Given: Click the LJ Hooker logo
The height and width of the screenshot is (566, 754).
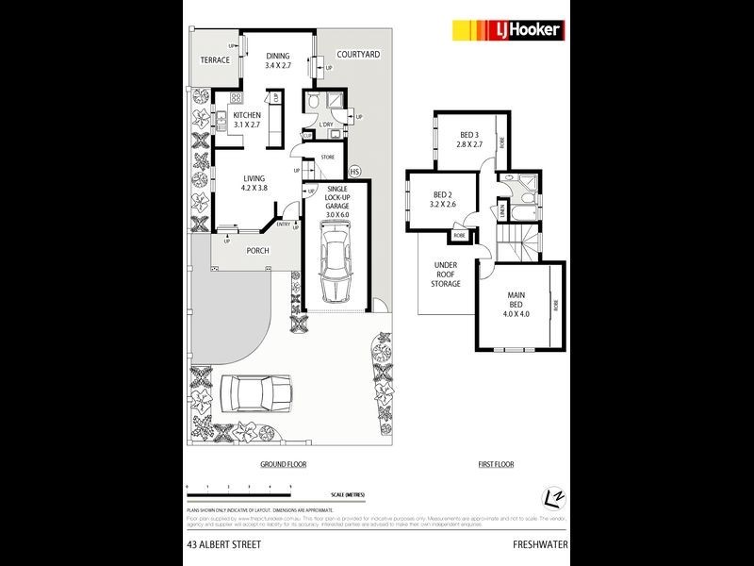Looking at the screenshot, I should (509, 30).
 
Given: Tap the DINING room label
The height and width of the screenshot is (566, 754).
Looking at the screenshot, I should (277, 61).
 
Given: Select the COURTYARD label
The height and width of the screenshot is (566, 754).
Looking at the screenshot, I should (359, 55).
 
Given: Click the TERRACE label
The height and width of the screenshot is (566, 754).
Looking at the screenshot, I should (215, 59).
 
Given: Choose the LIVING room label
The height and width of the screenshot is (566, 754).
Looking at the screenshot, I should (254, 182).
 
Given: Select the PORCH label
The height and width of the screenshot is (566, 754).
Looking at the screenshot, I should (258, 251).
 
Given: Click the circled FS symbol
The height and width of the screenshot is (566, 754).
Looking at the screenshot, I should (354, 172).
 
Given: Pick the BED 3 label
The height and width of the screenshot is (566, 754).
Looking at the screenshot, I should (470, 141).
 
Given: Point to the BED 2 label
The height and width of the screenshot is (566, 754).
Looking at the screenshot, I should (442, 198).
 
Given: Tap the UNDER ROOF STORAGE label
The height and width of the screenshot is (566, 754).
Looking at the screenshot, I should (446, 275).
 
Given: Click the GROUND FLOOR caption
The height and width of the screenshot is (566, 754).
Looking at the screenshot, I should (283, 465).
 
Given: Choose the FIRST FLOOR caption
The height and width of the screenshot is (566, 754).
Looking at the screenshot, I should (496, 465).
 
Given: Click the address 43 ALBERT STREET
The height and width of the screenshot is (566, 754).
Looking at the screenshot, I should (223, 544).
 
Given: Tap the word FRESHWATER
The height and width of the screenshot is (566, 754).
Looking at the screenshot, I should (539, 544).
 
